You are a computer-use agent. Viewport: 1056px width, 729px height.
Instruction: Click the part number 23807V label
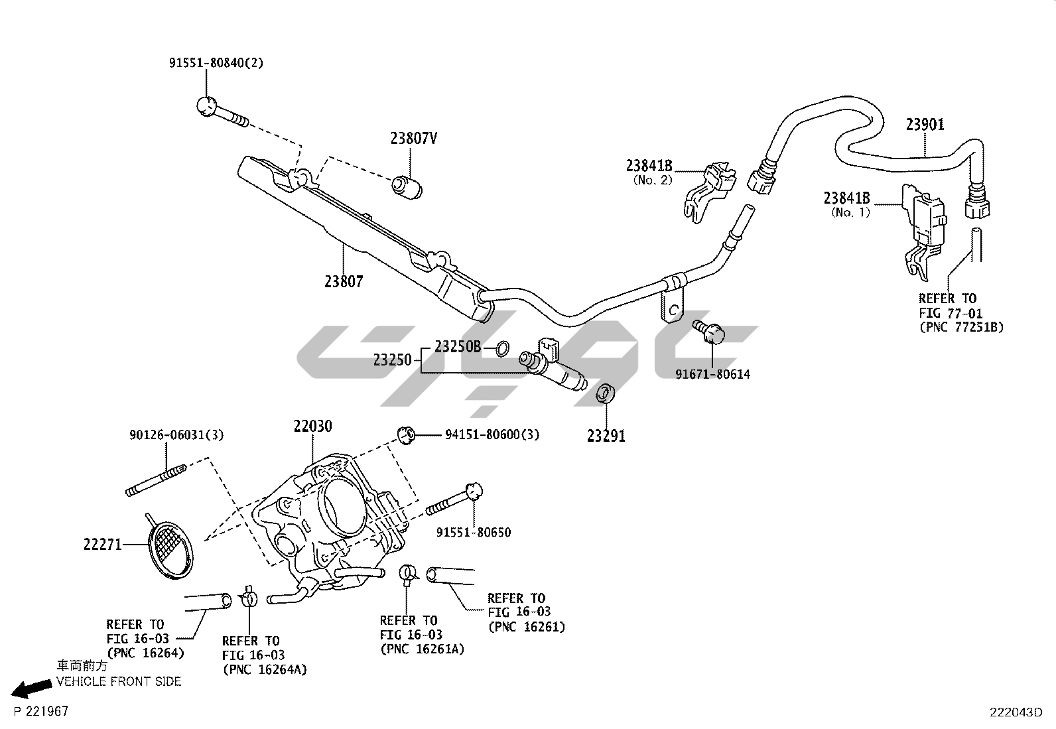(x=413, y=139)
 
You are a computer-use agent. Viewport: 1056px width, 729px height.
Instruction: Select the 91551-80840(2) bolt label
(x=216, y=63)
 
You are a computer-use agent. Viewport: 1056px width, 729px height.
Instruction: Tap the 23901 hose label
(x=925, y=124)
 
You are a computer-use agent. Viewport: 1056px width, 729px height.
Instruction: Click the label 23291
(x=606, y=436)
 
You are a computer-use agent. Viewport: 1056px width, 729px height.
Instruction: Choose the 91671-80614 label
(x=713, y=374)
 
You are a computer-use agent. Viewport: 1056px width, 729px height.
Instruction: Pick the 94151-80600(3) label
(x=492, y=434)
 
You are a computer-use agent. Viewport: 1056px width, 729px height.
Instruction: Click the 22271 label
(x=103, y=545)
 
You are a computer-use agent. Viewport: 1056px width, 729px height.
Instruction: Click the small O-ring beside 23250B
(x=503, y=348)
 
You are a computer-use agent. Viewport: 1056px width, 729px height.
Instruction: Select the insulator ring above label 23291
(x=606, y=393)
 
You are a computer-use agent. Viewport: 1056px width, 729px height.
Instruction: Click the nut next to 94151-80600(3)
(x=405, y=434)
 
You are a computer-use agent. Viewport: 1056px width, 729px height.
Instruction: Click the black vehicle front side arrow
(x=32, y=689)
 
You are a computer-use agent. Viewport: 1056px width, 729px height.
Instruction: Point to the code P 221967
(x=41, y=711)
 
